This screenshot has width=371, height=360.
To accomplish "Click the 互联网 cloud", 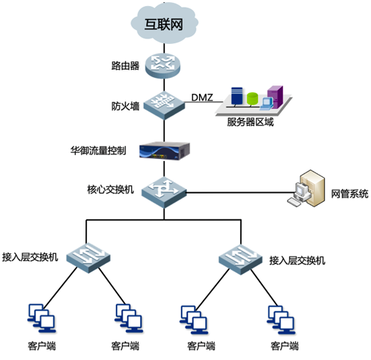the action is tap(164, 23).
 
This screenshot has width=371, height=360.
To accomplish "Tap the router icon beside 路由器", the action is tap(163, 66).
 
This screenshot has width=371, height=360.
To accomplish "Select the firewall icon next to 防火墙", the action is tap(164, 104).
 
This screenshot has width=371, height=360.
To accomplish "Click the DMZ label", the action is tap(202, 98).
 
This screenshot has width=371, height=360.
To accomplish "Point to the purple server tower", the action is tap(275, 97).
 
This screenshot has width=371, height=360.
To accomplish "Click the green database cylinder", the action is tap(252, 99).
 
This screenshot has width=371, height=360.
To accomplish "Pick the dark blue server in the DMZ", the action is tap(237, 96).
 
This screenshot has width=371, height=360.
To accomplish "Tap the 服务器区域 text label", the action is tap(250, 122).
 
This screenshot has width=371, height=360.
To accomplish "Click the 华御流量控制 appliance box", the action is tap(164, 151).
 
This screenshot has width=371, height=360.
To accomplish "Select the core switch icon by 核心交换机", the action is tap(164, 192).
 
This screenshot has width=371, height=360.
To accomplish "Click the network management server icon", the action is tap(306, 188).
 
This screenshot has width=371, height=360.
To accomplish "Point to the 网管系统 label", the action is tap(350, 194).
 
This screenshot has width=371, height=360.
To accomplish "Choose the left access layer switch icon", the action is tap(89, 258).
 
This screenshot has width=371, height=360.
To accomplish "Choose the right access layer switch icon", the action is tap(241, 259).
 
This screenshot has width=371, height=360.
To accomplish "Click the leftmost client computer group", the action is tap(42, 318).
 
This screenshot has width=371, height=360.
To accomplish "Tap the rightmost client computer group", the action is tap(281, 320).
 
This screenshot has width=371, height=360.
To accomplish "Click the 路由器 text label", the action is tap(126, 66).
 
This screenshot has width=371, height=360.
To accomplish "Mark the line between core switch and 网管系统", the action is tap(241, 193).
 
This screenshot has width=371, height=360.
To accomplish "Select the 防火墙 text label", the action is tap(126, 106).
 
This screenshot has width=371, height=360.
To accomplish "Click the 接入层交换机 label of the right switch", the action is tap(298, 260).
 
